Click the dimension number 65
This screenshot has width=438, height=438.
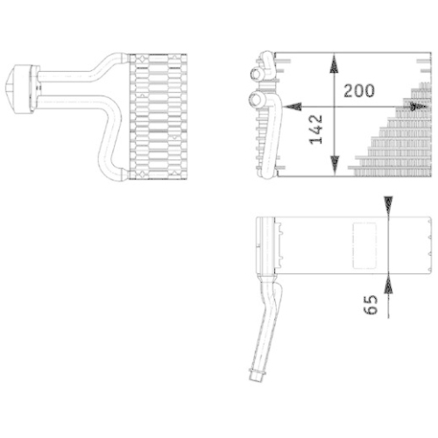point(371,305)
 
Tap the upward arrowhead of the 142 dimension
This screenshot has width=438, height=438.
point(334,62)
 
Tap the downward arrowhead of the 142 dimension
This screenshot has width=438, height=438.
point(334,166)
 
